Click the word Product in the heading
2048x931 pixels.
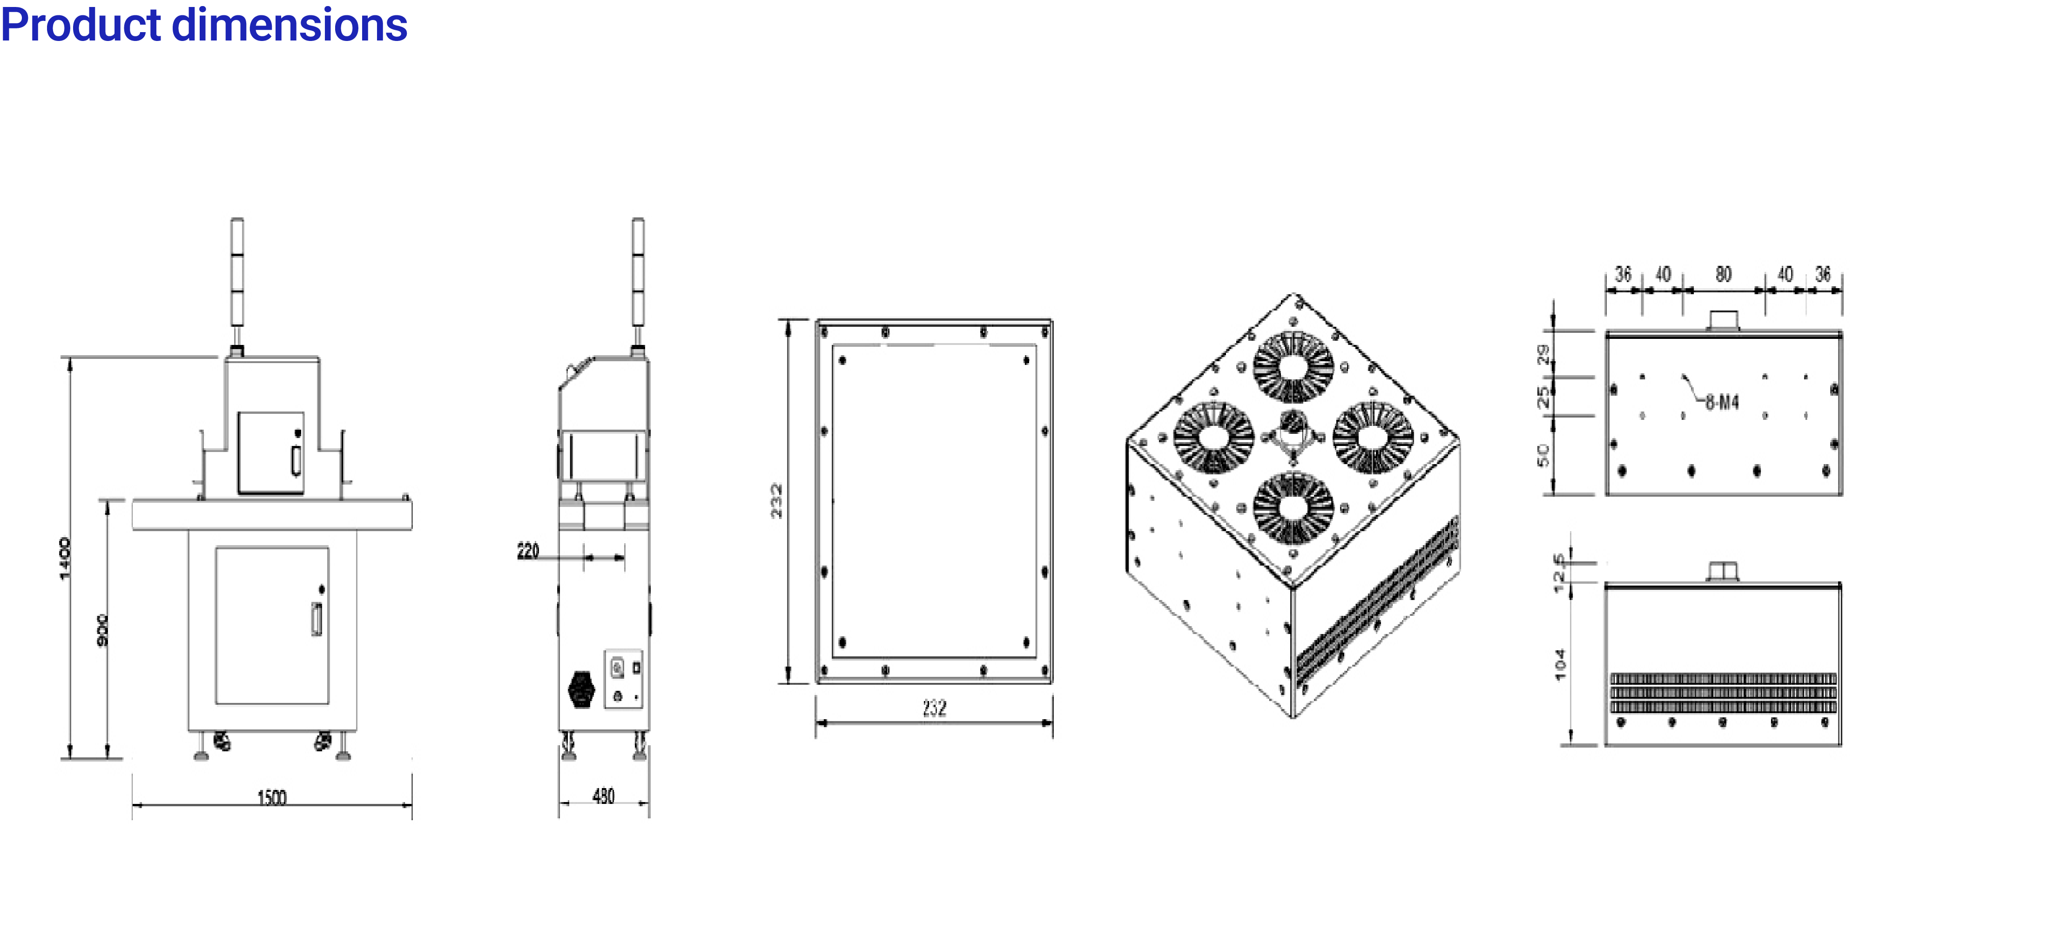[x=81, y=26]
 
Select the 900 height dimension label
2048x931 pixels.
[x=102, y=630]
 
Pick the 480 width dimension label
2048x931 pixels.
[x=603, y=796]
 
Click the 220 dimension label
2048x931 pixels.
[x=528, y=550]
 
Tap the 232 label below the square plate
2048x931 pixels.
[x=934, y=708]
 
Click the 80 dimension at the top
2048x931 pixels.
[x=1723, y=274]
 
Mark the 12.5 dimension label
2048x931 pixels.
[x=1559, y=573]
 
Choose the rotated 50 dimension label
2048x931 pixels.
[x=1543, y=456]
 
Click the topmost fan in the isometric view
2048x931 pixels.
[x=1293, y=366]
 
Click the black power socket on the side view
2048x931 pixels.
[x=582, y=689]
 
